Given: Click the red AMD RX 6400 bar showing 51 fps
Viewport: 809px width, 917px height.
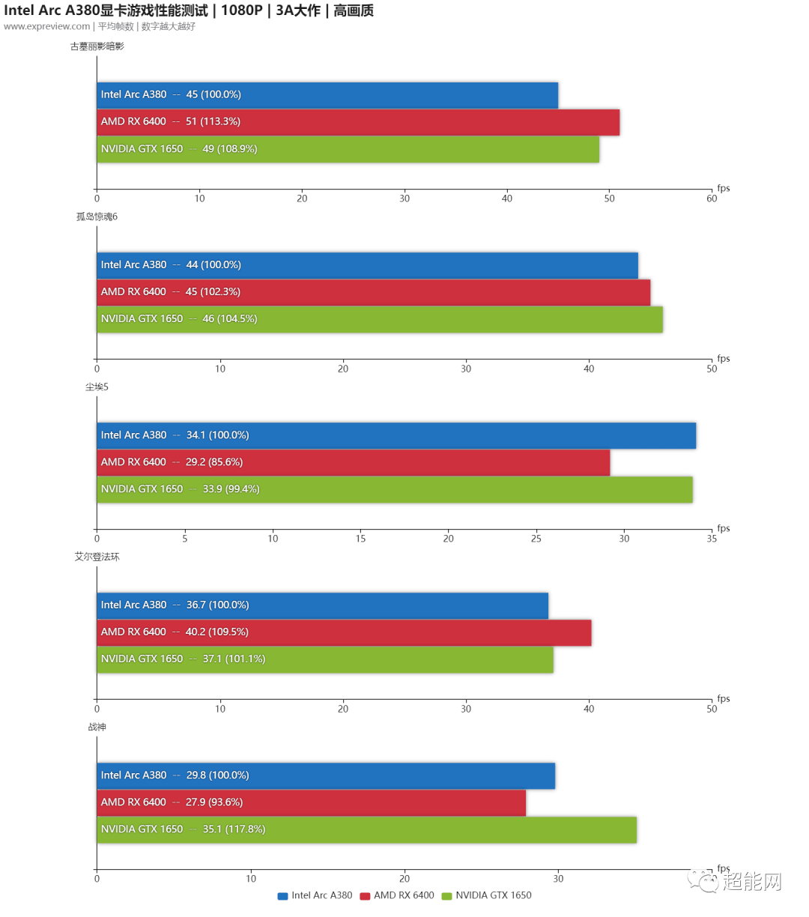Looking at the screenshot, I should (358, 121).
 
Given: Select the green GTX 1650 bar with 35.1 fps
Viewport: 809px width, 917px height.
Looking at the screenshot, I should (366, 829).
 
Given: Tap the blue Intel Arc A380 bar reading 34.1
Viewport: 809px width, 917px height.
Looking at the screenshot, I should (396, 435).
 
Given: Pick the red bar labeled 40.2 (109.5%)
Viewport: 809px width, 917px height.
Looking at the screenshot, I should (344, 632).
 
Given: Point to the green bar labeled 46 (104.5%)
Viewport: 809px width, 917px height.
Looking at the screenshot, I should (380, 319).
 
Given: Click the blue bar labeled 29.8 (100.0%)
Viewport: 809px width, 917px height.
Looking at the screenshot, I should (326, 775).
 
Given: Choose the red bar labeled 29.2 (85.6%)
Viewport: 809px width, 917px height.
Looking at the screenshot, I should (353, 462).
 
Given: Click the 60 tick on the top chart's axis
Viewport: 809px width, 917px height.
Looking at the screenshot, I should (712, 199).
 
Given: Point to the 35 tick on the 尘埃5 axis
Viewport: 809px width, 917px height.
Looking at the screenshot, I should (712, 539).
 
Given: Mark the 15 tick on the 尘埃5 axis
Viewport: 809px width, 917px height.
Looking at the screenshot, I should (360, 539).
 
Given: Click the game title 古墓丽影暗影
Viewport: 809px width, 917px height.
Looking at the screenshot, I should (97, 46).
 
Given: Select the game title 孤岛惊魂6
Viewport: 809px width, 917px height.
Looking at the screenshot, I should (97, 217).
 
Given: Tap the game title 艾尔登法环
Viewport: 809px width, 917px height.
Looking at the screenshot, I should (97, 557).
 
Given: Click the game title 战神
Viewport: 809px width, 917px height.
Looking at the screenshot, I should (97, 727).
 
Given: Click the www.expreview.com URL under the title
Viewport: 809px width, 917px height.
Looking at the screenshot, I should (46, 26).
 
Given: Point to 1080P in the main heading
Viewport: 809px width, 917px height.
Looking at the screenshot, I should (241, 10).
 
